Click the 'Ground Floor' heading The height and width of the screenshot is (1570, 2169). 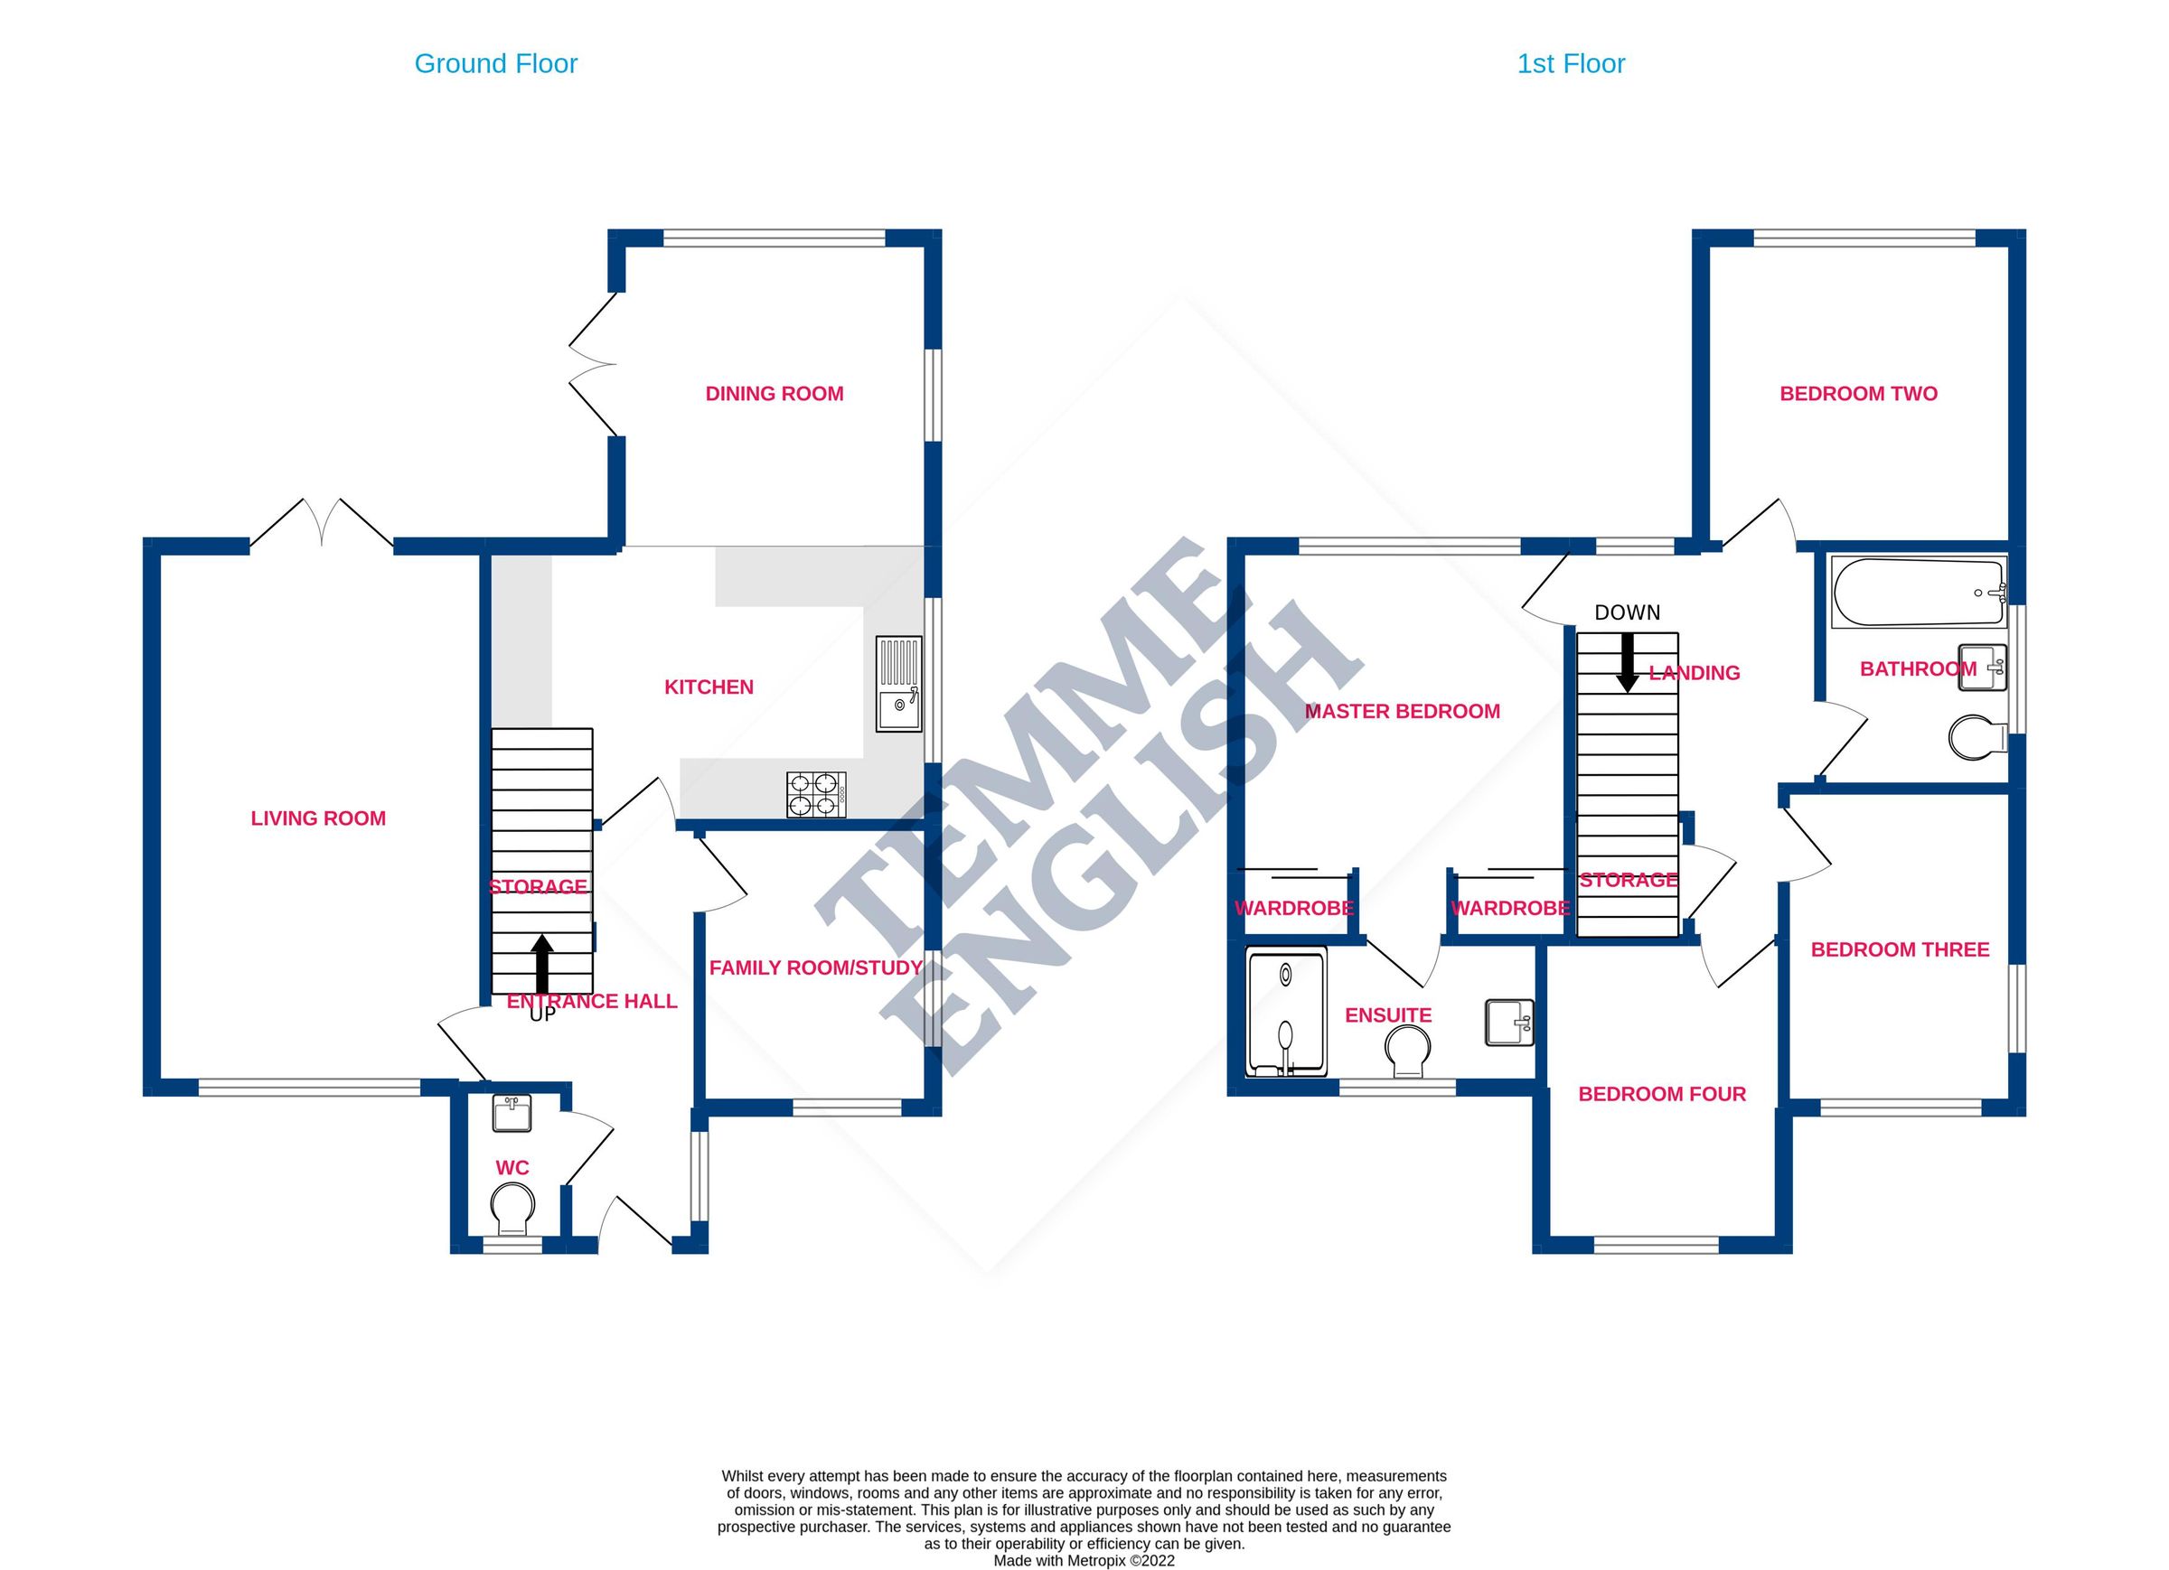click(x=495, y=64)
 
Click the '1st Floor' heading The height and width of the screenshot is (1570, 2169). click(x=1571, y=64)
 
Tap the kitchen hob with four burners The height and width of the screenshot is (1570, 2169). click(x=817, y=795)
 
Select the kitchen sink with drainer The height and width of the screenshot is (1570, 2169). click(x=899, y=685)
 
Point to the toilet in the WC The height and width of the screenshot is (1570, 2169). click(x=512, y=1209)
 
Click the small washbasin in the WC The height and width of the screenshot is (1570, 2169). click(x=512, y=1114)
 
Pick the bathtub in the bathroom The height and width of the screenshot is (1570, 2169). click(x=1919, y=592)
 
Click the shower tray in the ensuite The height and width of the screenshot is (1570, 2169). click(x=1286, y=1013)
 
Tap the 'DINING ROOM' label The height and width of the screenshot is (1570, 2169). click(x=774, y=394)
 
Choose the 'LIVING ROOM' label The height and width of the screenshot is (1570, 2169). click(x=318, y=818)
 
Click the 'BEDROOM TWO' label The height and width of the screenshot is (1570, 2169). click(x=1858, y=394)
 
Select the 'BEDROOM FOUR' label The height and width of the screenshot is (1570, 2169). click(x=1662, y=1094)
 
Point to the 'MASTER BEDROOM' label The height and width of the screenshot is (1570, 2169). click(x=1402, y=711)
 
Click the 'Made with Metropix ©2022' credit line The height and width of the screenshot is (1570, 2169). click(x=1084, y=1561)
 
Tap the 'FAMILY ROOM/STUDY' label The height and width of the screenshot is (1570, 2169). click(x=815, y=967)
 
